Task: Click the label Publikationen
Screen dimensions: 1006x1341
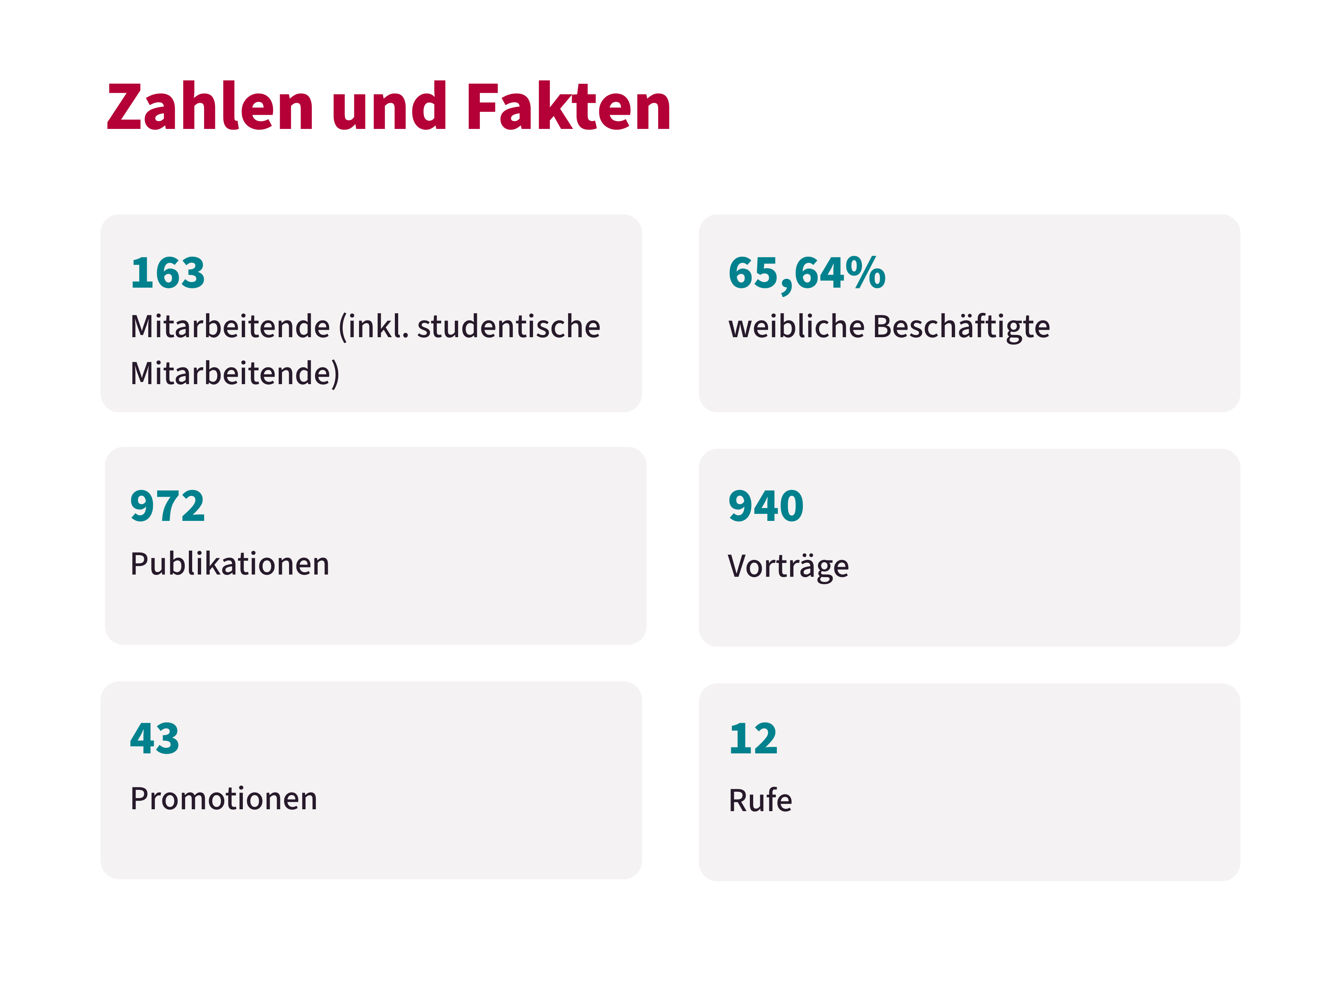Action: pos(230,564)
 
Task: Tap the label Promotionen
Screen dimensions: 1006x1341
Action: pos(224,798)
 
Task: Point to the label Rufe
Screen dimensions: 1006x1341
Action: pos(760,800)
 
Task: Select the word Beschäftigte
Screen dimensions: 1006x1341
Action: pos(961,326)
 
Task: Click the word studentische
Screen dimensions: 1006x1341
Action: pos(508,326)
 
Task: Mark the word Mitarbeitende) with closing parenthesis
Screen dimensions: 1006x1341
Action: pos(235,373)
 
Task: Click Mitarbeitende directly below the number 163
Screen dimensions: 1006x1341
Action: pos(230,326)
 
